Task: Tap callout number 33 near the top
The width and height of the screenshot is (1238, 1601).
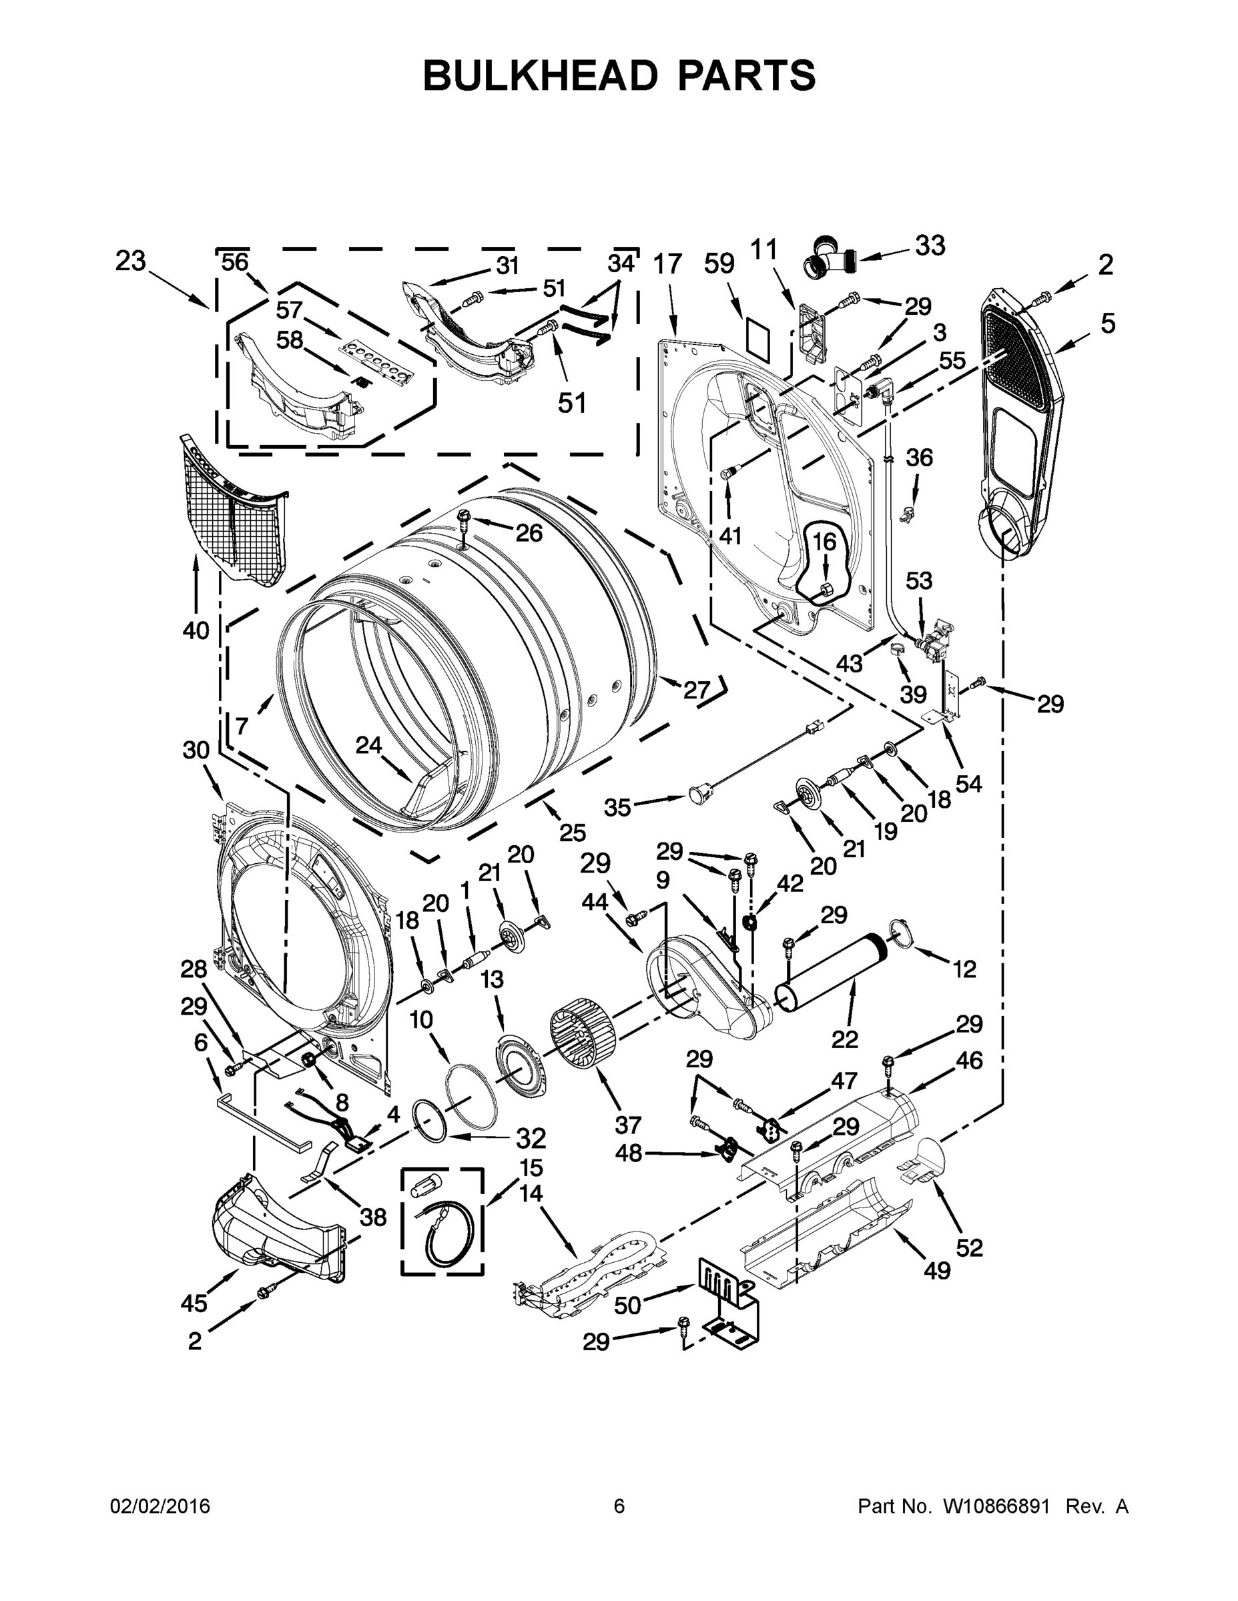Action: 929,246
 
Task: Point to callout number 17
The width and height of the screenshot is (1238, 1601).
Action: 667,264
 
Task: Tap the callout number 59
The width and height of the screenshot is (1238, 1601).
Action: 719,264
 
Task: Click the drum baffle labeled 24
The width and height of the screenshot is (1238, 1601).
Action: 430,787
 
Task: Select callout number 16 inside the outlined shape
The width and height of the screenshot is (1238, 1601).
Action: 824,542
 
